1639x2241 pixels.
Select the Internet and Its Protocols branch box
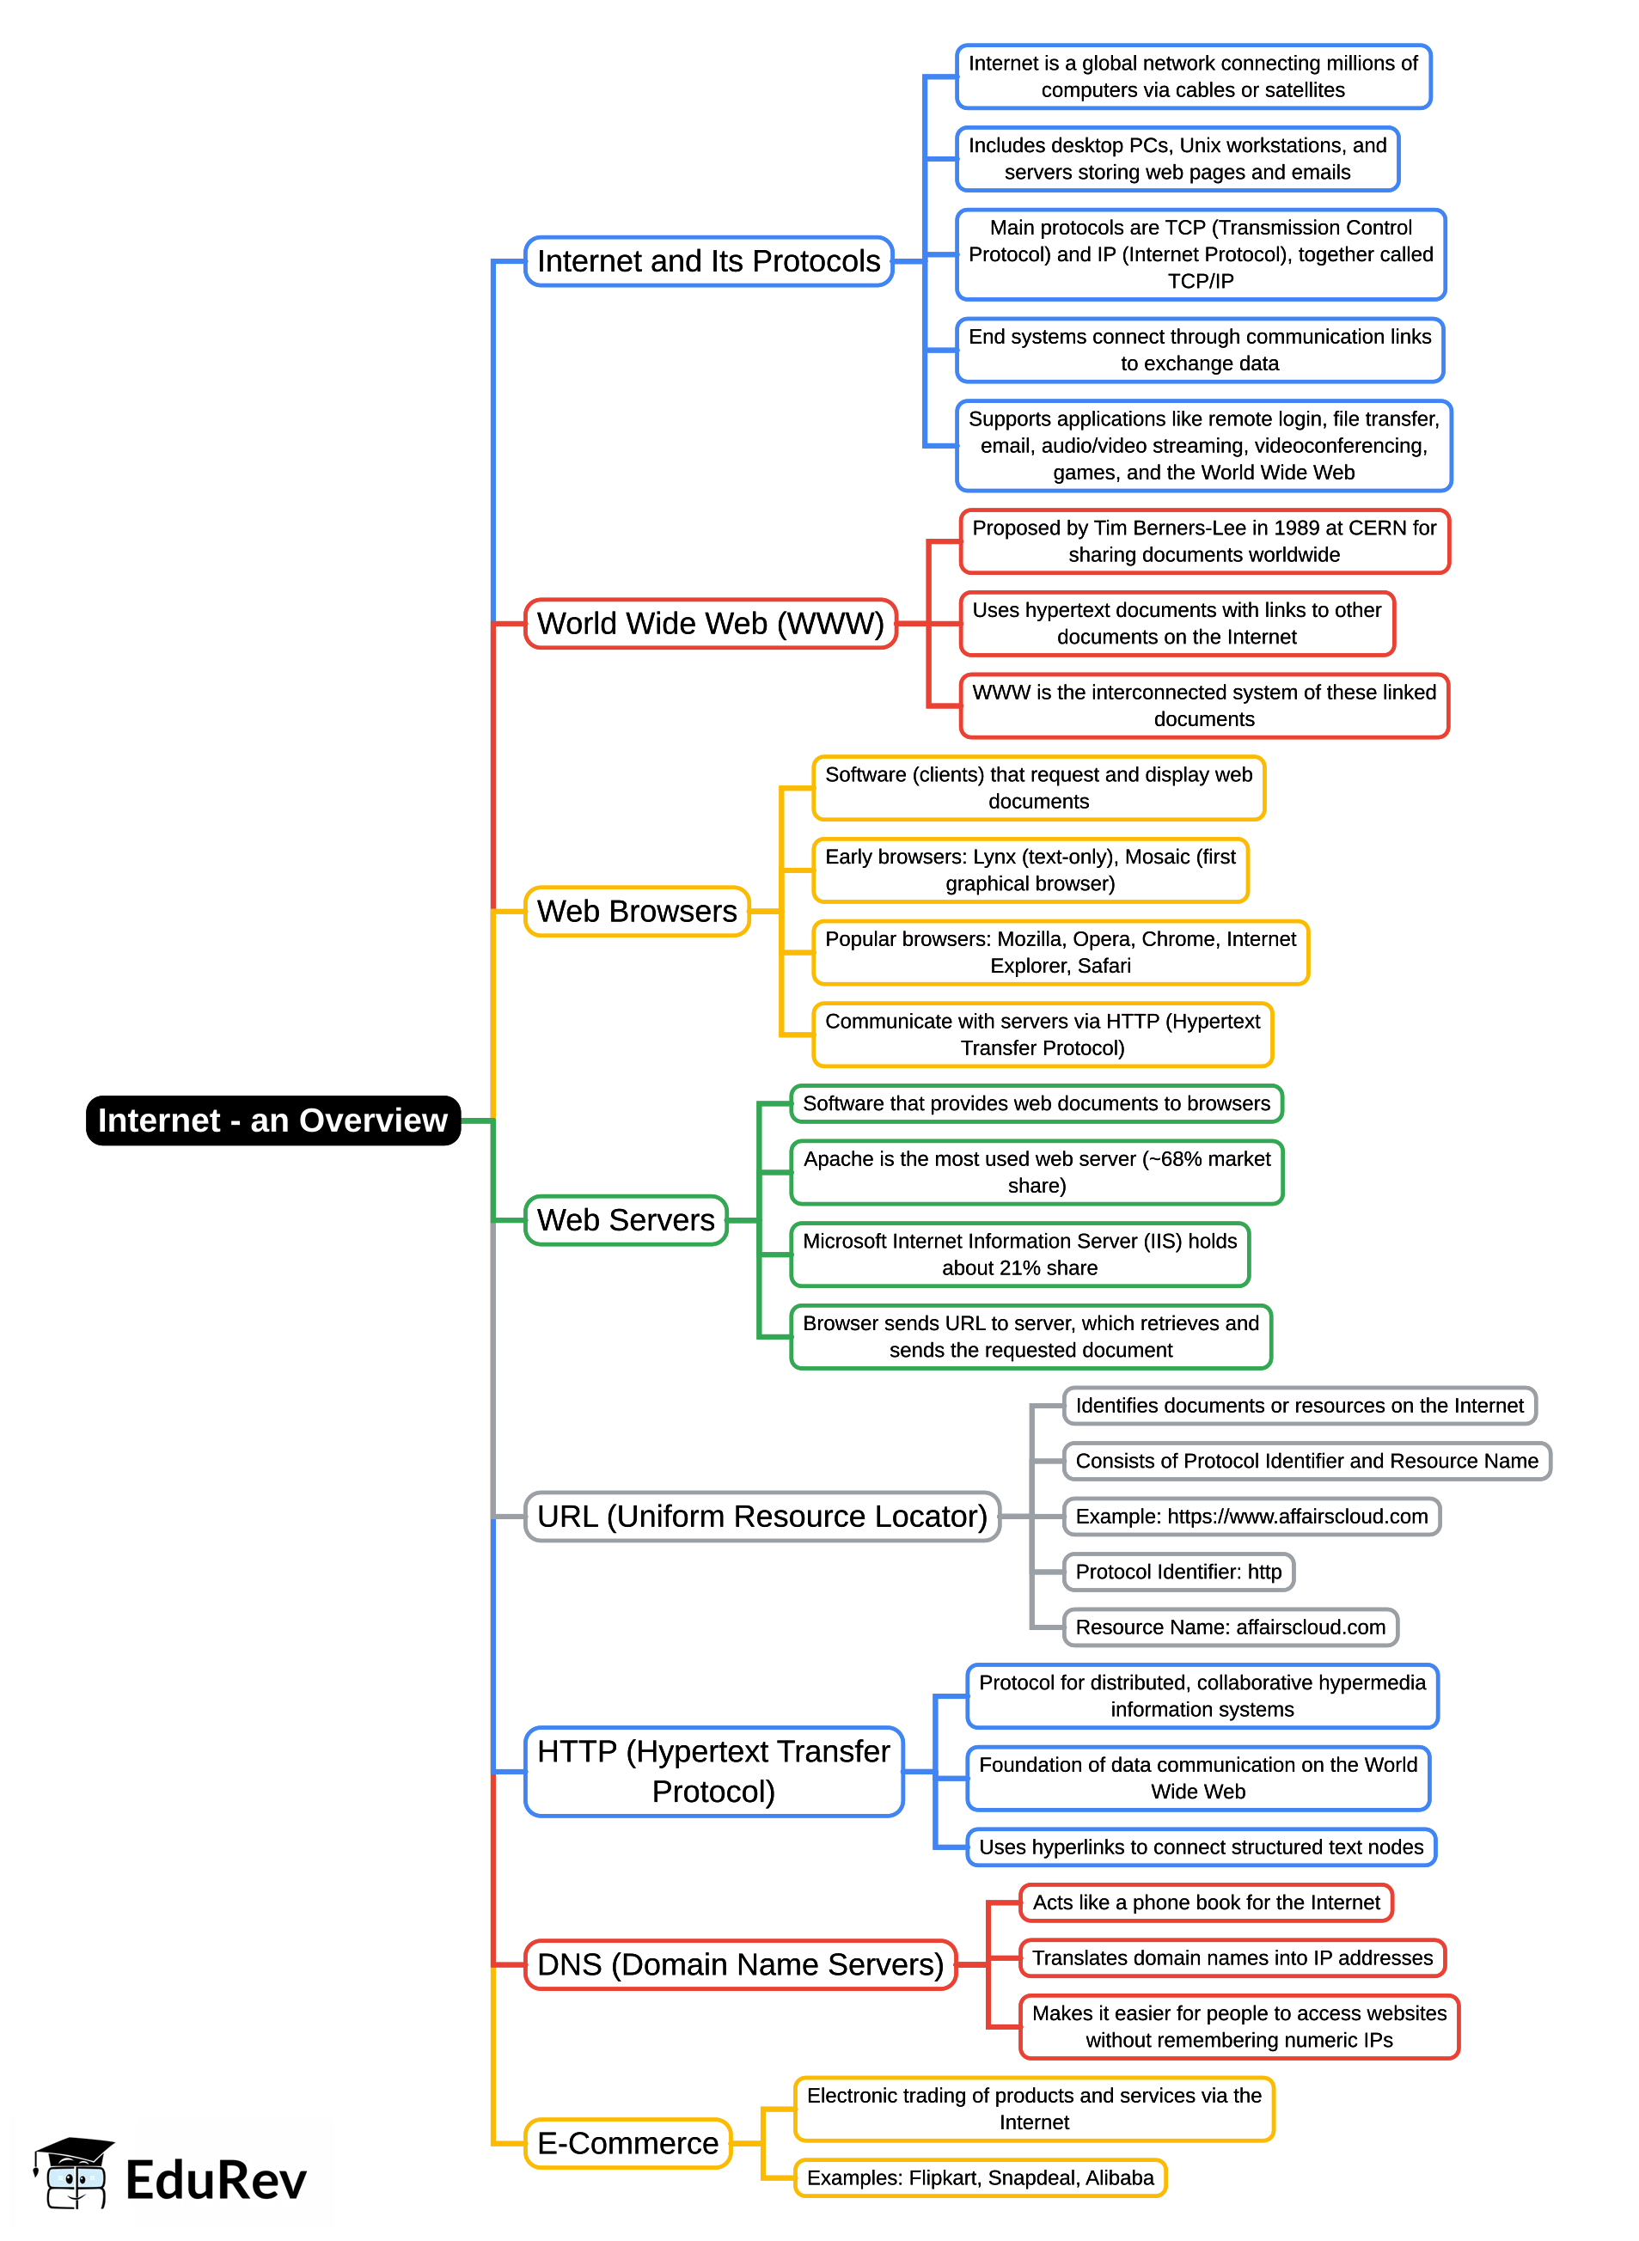pyautogui.click(x=708, y=261)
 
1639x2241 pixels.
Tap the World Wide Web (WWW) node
pyautogui.click(x=711, y=623)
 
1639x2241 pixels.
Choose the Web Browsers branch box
pyautogui.click(x=636, y=911)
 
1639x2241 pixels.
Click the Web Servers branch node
pyautogui.click(x=625, y=1219)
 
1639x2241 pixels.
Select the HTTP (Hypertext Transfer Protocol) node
pyautogui.click(x=713, y=1771)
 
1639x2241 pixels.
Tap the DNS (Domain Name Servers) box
pyautogui.click(x=740, y=1964)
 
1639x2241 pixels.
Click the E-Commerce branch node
pyautogui.click(x=627, y=2143)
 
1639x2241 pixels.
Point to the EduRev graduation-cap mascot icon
pyautogui.click(x=75, y=2172)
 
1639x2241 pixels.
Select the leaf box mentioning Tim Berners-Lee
pyautogui.click(x=1203, y=541)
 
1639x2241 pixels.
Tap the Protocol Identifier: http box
pyautogui.click(x=1177, y=1572)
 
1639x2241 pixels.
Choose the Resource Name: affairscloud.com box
pyautogui.click(x=1229, y=1627)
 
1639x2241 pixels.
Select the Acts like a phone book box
pyautogui.click(x=1206, y=1902)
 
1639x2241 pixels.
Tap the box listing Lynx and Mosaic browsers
pyautogui.click(x=1030, y=870)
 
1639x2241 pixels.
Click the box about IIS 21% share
pyautogui.click(x=1019, y=1254)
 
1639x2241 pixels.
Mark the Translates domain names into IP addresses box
pyautogui.click(x=1232, y=1957)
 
